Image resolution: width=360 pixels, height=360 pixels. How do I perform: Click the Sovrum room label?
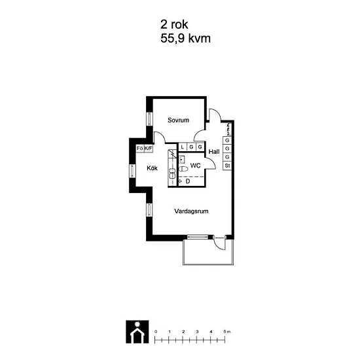pos(179,120)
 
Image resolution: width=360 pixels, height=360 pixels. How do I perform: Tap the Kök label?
pos(152,168)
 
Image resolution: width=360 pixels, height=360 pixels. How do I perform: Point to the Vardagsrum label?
pos(191,211)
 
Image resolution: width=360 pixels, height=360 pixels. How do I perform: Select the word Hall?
pos(214,152)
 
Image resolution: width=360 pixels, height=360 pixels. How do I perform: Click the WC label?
pos(196,166)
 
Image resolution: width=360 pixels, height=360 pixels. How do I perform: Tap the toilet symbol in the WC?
pos(183,169)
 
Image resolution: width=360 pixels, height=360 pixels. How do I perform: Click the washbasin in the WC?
pos(182,159)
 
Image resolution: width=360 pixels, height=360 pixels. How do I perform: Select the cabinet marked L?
pos(183,147)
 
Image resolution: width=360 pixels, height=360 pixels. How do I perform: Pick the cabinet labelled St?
pos(227,166)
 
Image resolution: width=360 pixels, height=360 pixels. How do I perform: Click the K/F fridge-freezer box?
pos(149,149)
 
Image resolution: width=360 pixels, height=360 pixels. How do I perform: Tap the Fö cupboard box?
pos(140,149)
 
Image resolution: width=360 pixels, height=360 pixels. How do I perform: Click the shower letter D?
pos(188,181)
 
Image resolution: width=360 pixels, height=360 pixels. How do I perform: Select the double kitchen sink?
pos(172,173)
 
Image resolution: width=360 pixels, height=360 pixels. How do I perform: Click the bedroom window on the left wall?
pos(149,118)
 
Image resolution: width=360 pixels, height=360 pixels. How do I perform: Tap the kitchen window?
pos(132,171)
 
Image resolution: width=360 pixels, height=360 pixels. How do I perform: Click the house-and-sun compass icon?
pos(137,332)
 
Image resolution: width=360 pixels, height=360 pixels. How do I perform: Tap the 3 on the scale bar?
pos(197,332)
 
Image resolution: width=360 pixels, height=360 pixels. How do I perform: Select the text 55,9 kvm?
pos(185,39)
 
